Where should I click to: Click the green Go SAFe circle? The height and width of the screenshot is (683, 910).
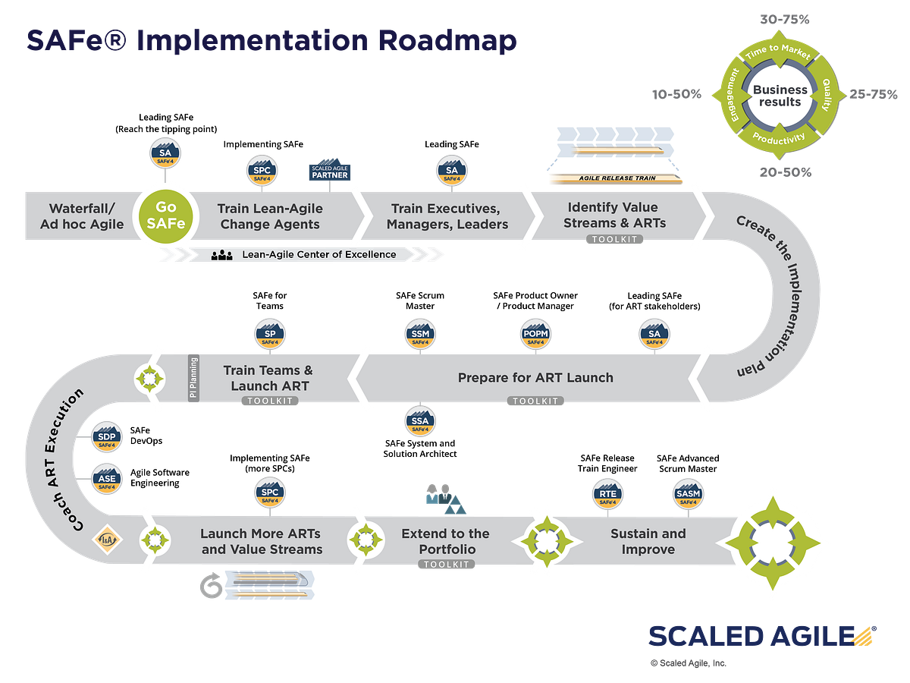[x=165, y=216]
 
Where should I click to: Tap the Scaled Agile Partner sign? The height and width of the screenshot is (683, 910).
[x=329, y=172]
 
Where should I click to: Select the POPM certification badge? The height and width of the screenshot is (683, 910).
[x=535, y=336]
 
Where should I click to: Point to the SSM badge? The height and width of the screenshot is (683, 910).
[x=419, y=336]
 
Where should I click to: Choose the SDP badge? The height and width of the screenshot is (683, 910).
[x=107, y=439]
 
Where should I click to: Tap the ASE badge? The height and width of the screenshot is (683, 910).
[x=107, y=480]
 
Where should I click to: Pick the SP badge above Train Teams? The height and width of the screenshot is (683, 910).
[x=270, y=336]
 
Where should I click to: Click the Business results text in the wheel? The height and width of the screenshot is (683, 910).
[x=780, y=96]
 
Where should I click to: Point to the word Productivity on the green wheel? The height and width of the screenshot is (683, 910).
[x=780, y=138]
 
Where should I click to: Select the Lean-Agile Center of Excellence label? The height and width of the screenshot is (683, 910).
[x=318, y=254]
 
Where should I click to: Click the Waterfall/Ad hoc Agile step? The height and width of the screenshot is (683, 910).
[x=82, y=216]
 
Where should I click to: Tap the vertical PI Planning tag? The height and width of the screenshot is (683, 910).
[x=193, y=377]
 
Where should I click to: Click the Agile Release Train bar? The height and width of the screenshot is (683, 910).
[x=615, y=179]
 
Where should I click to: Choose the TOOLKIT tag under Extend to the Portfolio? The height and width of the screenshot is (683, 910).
[x=446, y=565]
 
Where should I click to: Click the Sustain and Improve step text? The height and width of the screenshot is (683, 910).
[x=648, y=541]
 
